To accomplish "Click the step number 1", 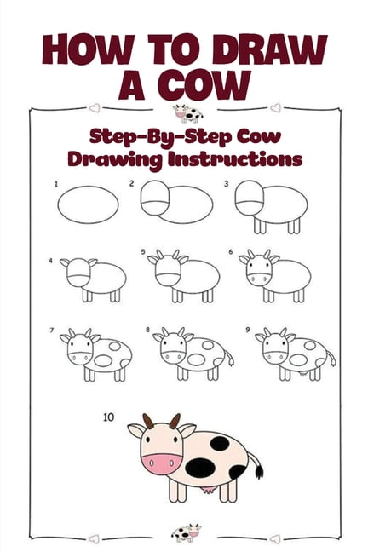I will click(56, 184).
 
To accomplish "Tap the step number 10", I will click(107, 417).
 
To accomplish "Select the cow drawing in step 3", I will click(270, 208).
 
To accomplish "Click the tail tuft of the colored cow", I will click(257, 470).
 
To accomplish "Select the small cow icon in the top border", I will click(186, 113).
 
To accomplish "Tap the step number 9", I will click(247, 329).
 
